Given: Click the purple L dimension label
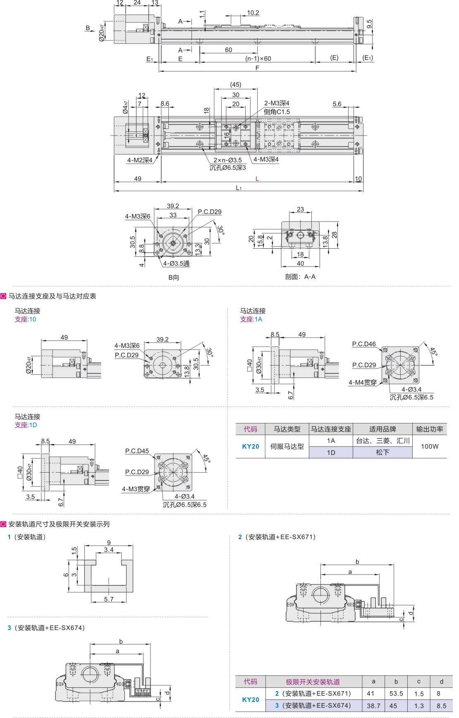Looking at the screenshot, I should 257,179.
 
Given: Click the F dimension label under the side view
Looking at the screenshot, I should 257,68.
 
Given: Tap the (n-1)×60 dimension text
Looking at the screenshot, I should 258,59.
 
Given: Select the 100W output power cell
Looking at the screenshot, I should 430,447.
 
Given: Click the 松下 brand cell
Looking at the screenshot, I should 382,452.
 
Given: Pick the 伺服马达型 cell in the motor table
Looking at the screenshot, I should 287,447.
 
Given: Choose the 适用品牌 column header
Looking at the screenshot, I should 382,429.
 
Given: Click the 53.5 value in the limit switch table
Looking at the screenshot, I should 396,694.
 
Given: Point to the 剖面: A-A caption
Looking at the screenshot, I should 300,277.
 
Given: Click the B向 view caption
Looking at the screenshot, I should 174,278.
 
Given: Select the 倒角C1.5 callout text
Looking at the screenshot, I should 277,112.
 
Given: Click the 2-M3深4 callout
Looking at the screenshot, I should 277,103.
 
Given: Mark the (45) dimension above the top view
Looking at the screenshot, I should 236,85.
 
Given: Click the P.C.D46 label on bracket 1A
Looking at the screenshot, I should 364,344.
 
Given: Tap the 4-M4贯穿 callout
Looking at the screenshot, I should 363,383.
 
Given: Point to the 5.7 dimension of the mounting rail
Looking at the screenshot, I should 109,599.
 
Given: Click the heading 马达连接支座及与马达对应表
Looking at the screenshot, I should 52,296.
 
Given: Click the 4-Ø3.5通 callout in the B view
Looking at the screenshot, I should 176,264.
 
